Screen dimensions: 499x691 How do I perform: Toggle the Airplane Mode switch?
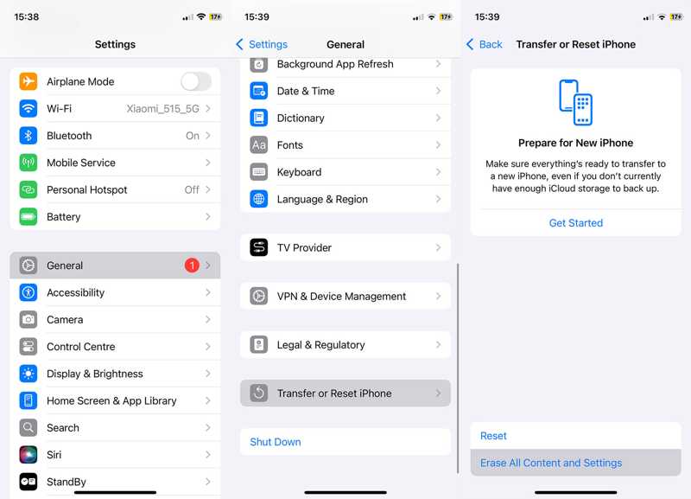pos(195,81)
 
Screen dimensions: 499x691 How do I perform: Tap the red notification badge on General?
pos(192,265)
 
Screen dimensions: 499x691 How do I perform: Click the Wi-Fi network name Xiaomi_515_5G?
pos(163,109)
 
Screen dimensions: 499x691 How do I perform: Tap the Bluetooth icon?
pos(29,136)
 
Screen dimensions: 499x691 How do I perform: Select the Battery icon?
pos(29,217)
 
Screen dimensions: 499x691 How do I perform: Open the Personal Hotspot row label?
pos(86,189)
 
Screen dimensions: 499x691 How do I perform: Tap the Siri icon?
pos(29,455)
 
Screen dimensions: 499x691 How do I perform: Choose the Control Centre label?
pos(81,347)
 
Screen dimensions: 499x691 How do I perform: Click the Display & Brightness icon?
pos(29,374)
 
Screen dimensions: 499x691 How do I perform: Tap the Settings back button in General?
pos(262,44)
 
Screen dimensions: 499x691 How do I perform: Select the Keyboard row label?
pos(299,172)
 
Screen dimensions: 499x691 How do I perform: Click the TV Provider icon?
pos(259,248)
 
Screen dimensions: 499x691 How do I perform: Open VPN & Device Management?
pos(341,297)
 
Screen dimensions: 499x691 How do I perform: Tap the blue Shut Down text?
pos(276,442)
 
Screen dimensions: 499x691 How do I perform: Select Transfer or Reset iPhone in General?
pos(334,393)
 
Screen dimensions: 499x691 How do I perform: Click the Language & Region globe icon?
pos(259,199)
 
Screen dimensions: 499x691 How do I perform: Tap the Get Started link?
pos(576,223)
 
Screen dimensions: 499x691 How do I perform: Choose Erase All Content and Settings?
pos(551,463)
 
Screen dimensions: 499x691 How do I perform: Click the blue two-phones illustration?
pos(575,103)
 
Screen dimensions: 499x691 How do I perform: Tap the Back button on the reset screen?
pos(485,44)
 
